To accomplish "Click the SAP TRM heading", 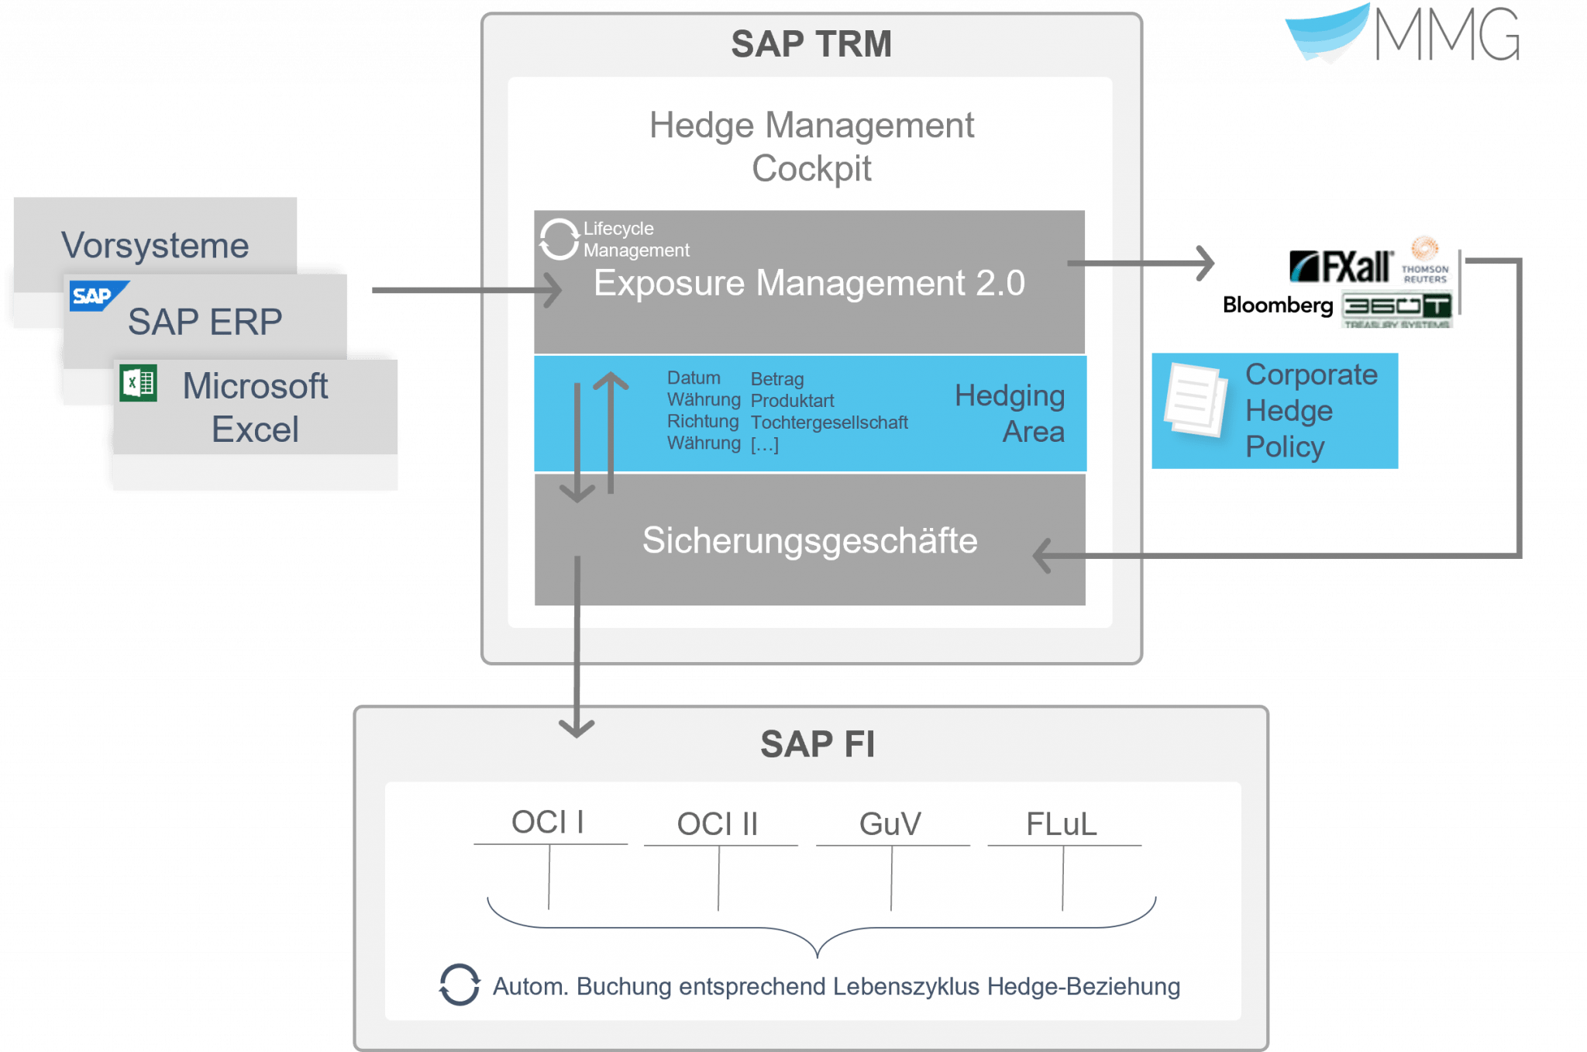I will click(x=811, y=44).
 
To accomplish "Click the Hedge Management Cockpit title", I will click(x=811, y=147).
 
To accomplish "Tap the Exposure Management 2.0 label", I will click(x=809, y=283).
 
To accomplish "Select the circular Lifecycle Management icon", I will click(x=559, y=239).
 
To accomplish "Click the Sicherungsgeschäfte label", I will click(x=809, y=540).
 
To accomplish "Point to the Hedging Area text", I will click(x=1010, y=413).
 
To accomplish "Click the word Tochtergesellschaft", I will click(x=828, y=423).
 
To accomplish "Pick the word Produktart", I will click(x=792, y=401).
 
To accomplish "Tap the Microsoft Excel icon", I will click(x=139, y=383).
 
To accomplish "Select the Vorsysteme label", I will click(x=155, y=246).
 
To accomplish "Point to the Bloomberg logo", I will click(x=1277, y=305).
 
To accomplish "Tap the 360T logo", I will click(x=1396, y=308).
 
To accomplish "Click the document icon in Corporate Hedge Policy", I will click(x=1195, y=399).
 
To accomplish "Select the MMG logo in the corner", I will click(x=1403, y=35).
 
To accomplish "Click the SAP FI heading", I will click(x=818, y=744).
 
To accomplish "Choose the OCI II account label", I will click(x=717, y=824).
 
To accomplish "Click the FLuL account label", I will click(x=1061, y=824).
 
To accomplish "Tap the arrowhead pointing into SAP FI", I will click(x=577, y=729).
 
